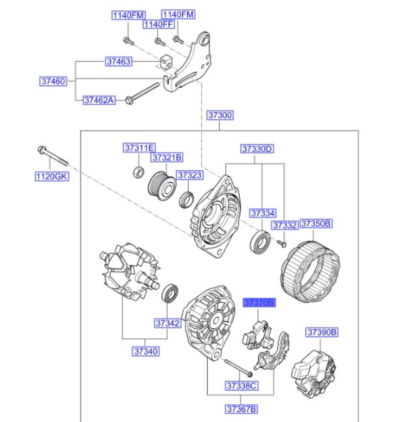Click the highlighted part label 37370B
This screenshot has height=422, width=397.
pyautogui.click(x=259, y=302)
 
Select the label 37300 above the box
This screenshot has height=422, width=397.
pyautogui.click(x=220, y=115)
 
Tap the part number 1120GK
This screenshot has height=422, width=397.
pyautogui.click(x=51, y=176)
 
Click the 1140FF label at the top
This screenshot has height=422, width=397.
pyautogui.click(x=158, y=24)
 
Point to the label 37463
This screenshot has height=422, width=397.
pyautogui.click(x=118, y=62)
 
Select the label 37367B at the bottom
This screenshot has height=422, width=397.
pyautogui.click(x=241, y=408)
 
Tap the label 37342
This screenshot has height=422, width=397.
pyautogui.click(x=167, y=323)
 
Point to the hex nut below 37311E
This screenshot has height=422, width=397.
pyautogui.click(x=139, y=171)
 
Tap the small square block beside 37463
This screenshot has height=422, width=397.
pyautogui.click(x=166, y=62)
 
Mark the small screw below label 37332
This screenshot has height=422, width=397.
pyautogui.click(x=282, y=243)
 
